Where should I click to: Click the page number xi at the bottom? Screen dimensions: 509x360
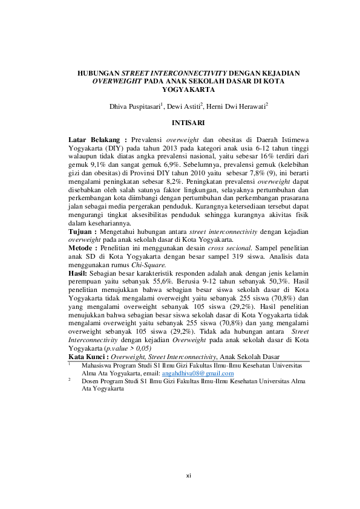(188, 476)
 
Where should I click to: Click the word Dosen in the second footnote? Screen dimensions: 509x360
(91, 381)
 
